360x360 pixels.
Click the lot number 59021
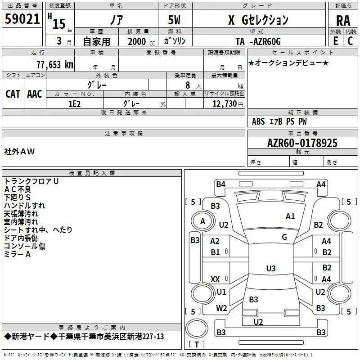pyautogui.click(x=22, y=19)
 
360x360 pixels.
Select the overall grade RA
pyautogui.click(x=343, y=21)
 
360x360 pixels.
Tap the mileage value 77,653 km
pyautogui.click(x=55, y=65)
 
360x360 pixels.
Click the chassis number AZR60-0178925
pyautogui.click(x=302, y=143)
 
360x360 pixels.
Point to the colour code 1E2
pyautogui.click(x=75, y=104)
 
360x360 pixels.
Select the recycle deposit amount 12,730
pyautogui.click(x=225, y=104)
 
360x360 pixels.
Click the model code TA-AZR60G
pyautogui.click(x=258, y=41)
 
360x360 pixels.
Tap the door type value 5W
pyautogui.click(x=174, y=20)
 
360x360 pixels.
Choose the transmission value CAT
pyautogui.click(x=13, y=94)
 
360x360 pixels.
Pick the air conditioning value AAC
pyautogui.click(x=35, y=94)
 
